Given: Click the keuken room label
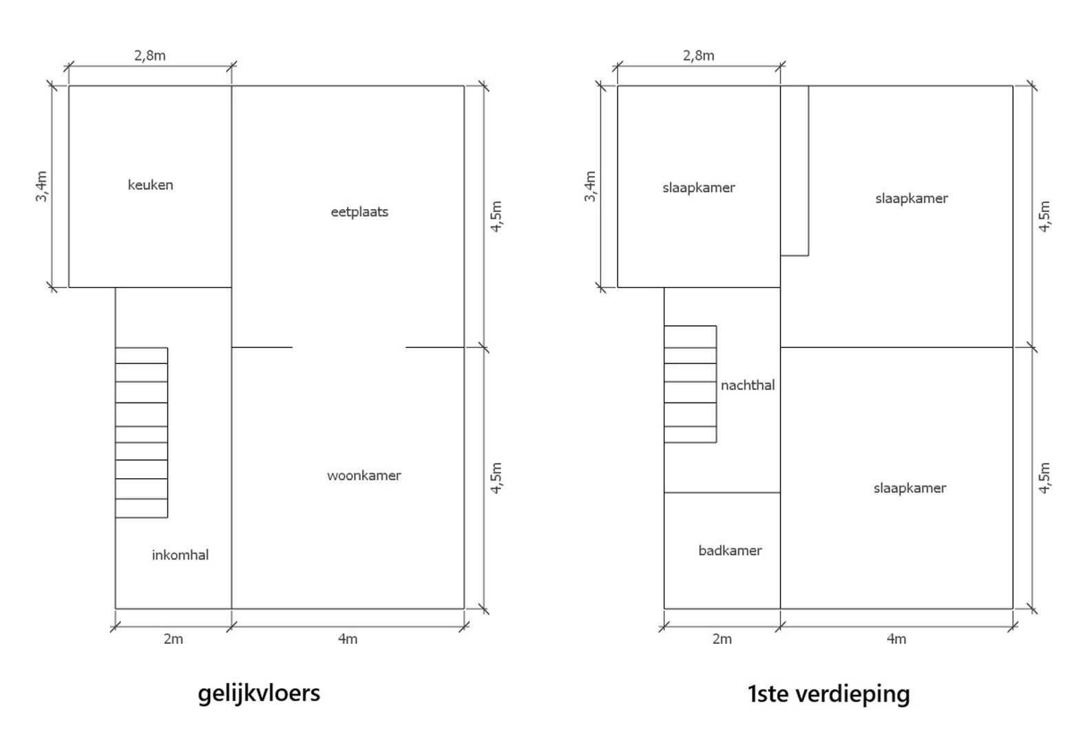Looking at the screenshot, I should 150,185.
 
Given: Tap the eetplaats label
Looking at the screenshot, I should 359,212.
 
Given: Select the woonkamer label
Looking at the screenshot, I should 364,475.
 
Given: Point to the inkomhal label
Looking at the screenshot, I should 180,555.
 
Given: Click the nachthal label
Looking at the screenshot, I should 748,385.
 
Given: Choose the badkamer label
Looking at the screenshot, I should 730,550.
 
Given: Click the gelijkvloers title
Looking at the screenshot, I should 259,692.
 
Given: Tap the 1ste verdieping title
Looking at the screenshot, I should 828,693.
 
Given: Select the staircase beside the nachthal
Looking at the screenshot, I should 690,384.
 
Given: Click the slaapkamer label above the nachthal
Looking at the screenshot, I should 699,187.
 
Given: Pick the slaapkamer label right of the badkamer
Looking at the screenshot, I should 909,488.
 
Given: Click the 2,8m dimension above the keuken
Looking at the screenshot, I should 149,56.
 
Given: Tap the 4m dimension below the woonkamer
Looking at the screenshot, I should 347,639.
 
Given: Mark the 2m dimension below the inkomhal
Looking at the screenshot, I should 173,639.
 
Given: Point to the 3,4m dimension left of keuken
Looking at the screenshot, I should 42,186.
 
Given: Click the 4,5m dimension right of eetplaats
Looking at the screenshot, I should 496,216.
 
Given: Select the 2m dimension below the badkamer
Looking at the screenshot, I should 721,639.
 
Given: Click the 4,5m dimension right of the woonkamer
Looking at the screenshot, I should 496,477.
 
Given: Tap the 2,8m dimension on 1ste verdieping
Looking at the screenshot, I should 698,56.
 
